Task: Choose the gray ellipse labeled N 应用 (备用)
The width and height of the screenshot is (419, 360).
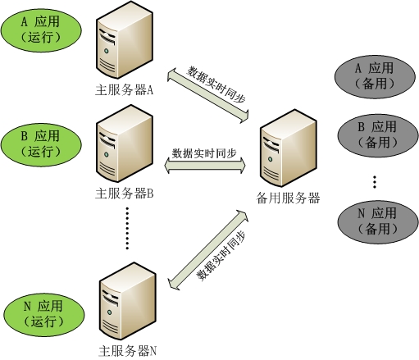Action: click(x=377, y=221)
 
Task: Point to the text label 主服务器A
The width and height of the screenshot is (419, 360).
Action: click(x=125, y=91)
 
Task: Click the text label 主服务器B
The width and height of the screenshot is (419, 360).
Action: click(x=125, y=194)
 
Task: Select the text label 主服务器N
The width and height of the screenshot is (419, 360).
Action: click(x=127, y=351)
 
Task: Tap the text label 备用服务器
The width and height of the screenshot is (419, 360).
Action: click(x=288, y=198)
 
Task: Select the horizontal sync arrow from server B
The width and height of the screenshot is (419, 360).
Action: click(x=204, y=166)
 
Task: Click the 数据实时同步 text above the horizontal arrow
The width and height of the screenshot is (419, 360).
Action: click(x=204, y=153)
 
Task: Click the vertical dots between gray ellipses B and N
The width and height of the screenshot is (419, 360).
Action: click(x=374, y=181)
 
